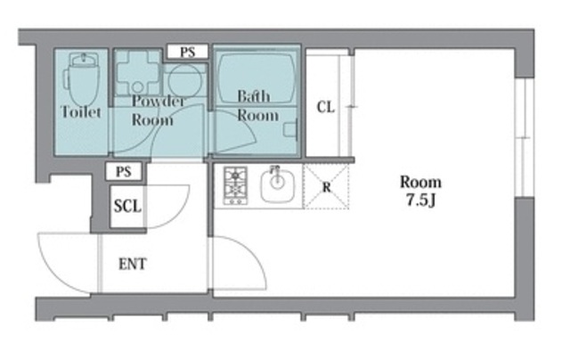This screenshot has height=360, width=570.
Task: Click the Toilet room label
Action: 81,111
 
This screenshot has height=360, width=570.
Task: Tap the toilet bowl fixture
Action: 83,79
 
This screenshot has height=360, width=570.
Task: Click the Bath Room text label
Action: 257,106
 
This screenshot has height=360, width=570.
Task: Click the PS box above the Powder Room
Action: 188,52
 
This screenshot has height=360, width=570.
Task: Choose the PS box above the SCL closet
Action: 124,171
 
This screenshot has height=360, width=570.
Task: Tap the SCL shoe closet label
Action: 127,206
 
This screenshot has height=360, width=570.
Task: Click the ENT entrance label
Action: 133,264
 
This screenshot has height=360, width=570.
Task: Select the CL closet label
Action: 325,107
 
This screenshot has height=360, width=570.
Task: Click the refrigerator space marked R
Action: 326,186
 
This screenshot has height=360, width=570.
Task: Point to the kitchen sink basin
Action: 277,185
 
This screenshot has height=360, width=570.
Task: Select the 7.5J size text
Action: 421,200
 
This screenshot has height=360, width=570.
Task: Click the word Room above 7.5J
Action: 421,182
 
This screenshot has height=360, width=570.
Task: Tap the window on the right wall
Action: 525,137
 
